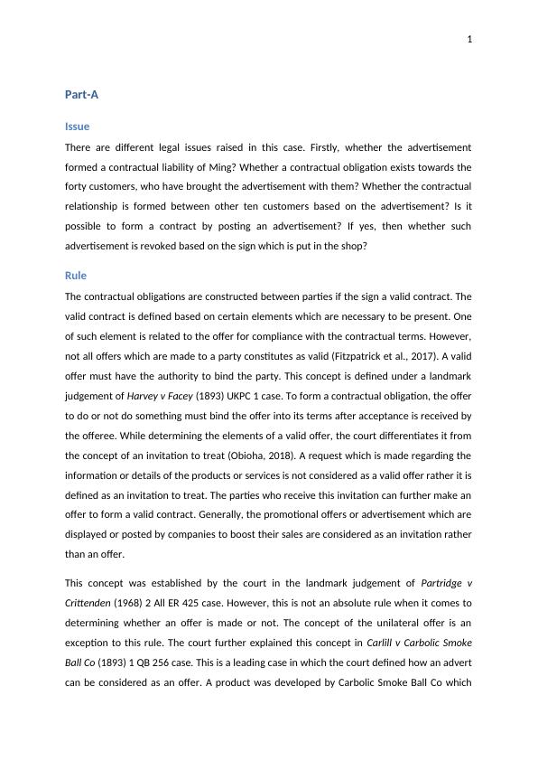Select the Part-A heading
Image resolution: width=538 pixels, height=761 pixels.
(x=81, y=94)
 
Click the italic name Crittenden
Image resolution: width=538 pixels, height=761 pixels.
(x=91, y=603)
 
